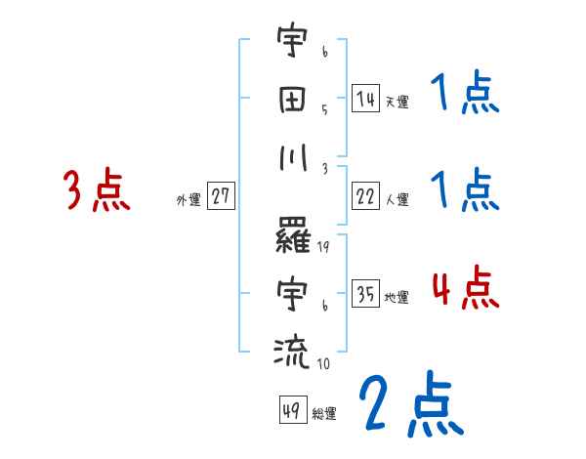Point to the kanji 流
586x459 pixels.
[292, 350]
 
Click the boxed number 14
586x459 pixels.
[365, 99]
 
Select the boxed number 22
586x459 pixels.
[365, 196]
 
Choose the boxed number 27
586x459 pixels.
[221, 196]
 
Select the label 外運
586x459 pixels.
[188, 200]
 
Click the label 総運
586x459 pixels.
[324, 413]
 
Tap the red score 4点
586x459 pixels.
[464, 288]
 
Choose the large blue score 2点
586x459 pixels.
[410, 405]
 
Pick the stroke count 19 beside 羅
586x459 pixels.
[324, 248]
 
